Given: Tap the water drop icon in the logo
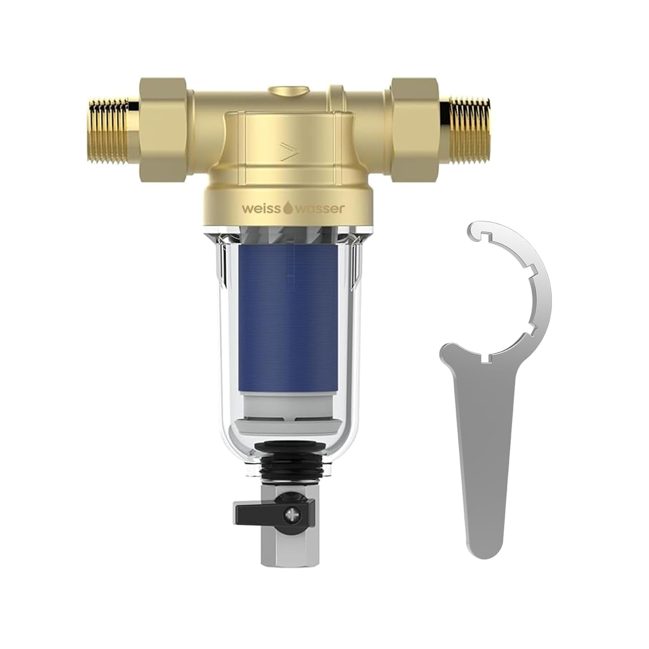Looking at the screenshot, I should (x=288, y=209).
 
